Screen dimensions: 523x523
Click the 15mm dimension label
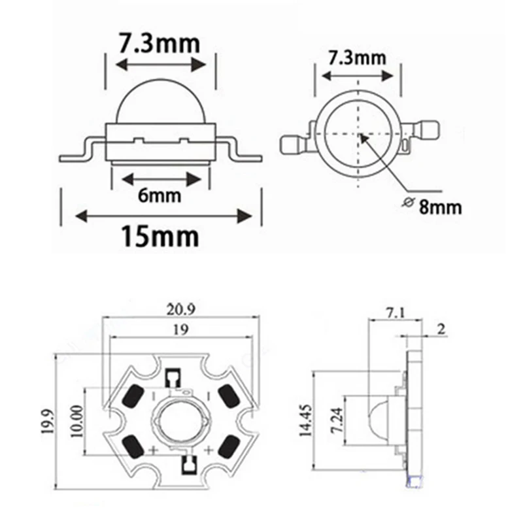pos(160,237)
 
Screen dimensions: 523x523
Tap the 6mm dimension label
pos(160,195)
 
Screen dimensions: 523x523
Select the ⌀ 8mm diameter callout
pos(432,207)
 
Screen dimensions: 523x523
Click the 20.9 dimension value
pos(181,310)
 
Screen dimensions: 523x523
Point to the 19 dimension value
pos(181,329)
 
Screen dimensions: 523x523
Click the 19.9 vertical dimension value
pos(48,421)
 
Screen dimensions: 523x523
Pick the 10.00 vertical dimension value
pos(77,421)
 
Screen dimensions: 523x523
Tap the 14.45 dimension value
pos(305,420)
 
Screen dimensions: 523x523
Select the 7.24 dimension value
pos(337,420)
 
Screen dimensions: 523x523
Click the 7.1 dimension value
pos(395,313)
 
